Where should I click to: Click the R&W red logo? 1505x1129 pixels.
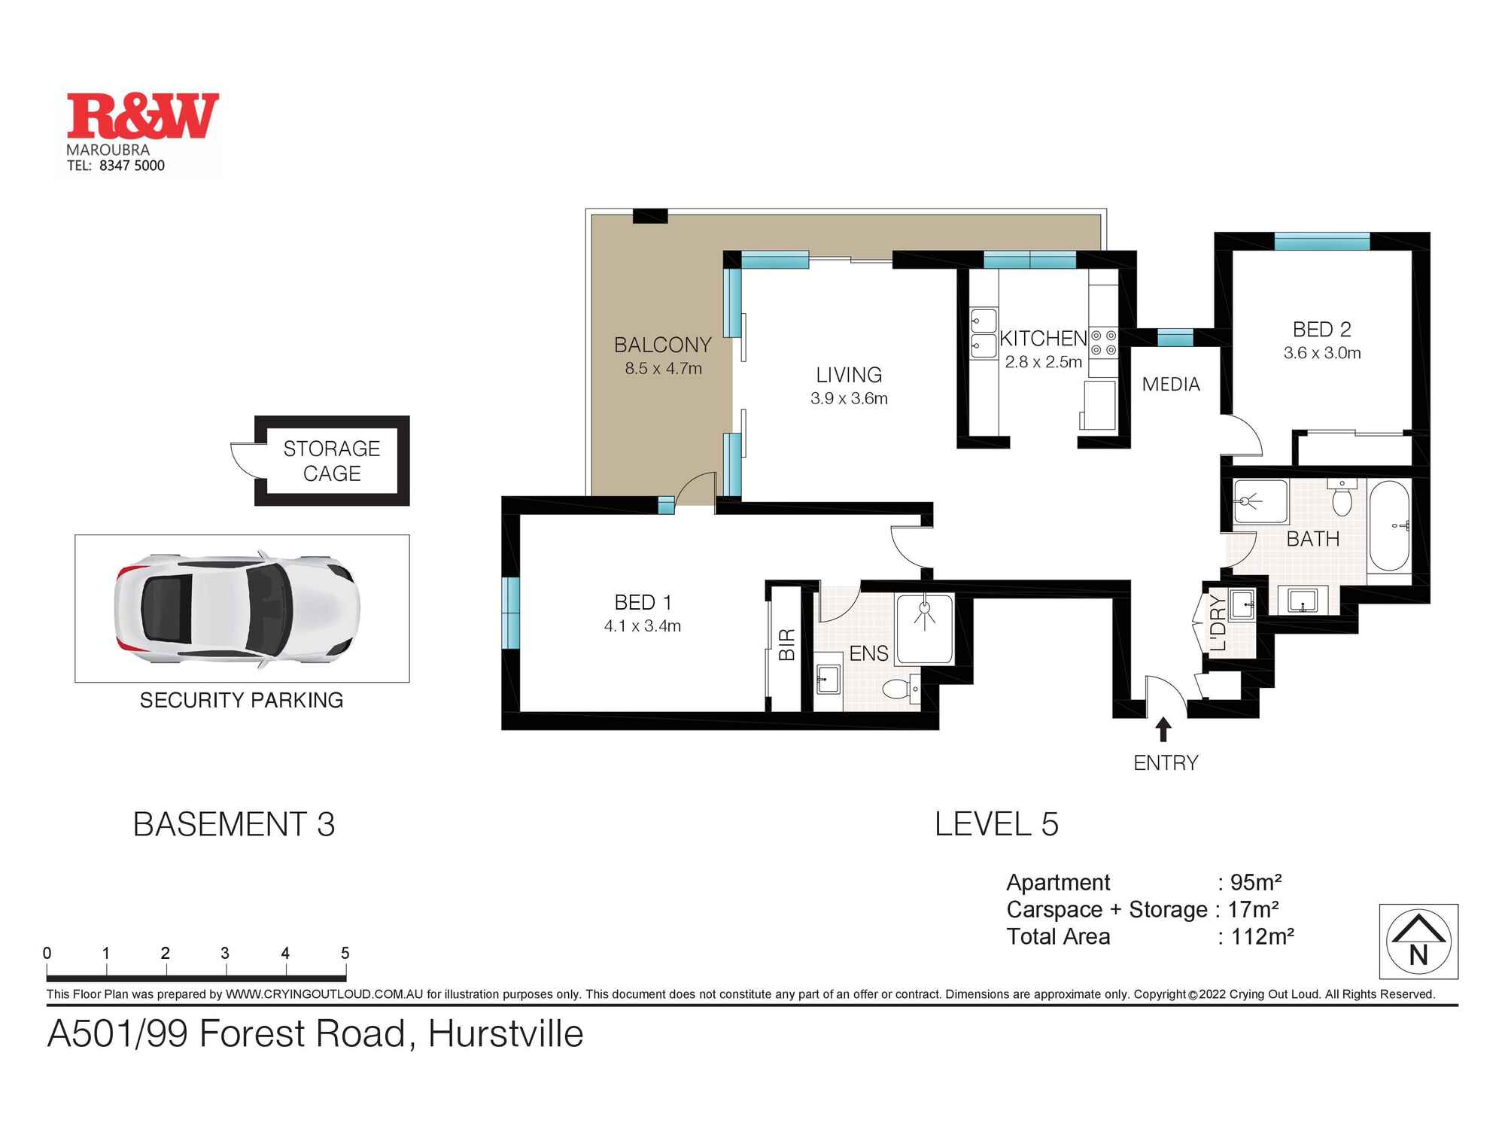coord(143,116)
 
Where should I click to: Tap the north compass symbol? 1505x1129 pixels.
coord(1418,941)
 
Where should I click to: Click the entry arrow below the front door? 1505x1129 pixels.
coord(1163,729)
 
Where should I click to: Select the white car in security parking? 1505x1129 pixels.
coord(237,609)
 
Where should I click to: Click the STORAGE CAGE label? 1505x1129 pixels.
coord(332,461)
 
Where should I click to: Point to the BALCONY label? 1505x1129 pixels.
coord(662,345)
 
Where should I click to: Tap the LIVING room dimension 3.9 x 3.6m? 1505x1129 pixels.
coord(849,398)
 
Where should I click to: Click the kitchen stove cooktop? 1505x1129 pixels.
coord(1103,342)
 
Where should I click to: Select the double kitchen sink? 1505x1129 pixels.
coord(984,333)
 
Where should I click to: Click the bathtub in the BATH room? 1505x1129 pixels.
coord(1389,526)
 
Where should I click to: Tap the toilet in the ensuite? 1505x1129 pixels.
coord(900,688)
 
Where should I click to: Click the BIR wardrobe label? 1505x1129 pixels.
coord(786,645)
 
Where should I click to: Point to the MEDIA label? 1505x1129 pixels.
coord(1171,385)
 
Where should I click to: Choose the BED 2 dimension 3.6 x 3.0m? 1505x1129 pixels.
coord(1322,353)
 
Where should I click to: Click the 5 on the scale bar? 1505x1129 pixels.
coord(345,953)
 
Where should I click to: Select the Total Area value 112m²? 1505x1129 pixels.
coord(1262,936)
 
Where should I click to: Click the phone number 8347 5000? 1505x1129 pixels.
coord(132,166)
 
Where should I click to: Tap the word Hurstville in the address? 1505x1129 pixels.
coord(506,1033)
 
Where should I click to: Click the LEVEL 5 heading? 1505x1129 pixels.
coord(996,824)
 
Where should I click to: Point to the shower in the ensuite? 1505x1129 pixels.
coord(925,628)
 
